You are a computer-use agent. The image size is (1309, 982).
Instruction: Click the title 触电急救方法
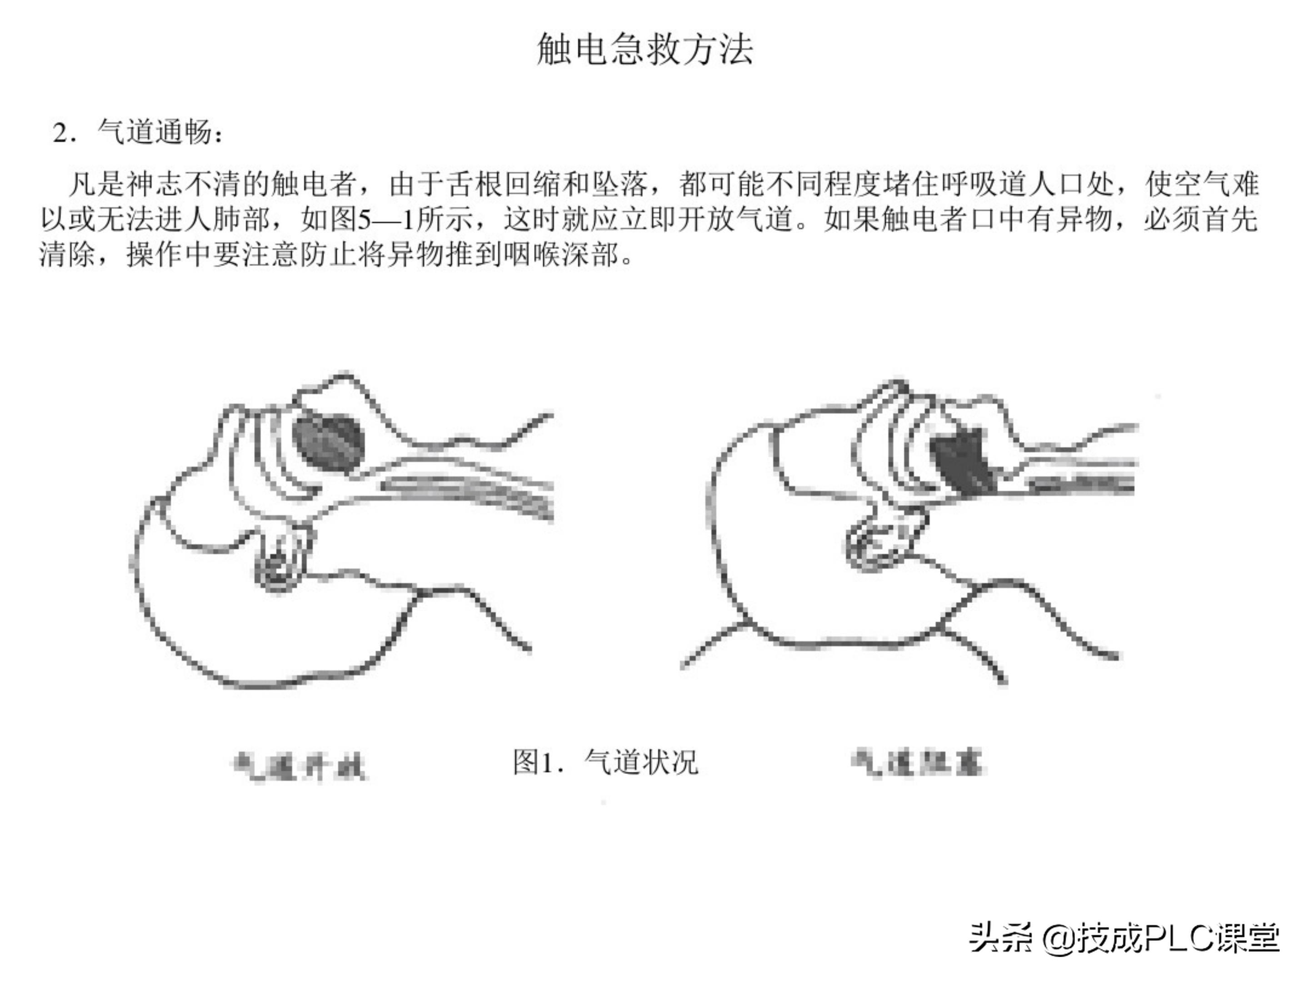pos(645,49)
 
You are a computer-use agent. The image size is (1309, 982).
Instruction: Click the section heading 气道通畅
pos(155,131)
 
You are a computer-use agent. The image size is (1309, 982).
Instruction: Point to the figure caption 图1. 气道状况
pos(605,762)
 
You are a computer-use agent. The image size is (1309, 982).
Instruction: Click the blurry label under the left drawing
pos(300,767)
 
